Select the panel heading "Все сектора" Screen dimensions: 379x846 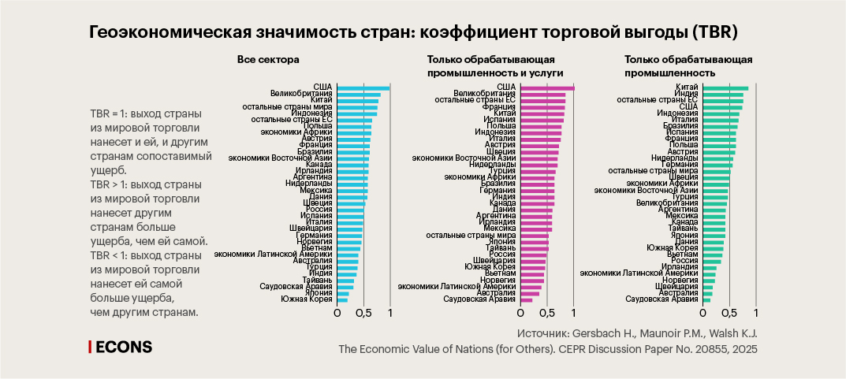[269, 59]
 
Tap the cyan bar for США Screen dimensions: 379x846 [363, 87]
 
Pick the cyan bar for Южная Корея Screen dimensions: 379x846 [342, 300]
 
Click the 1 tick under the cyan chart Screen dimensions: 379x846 [391, 313]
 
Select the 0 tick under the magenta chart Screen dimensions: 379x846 [521, 313]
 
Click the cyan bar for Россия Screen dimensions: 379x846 [350, 209]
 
